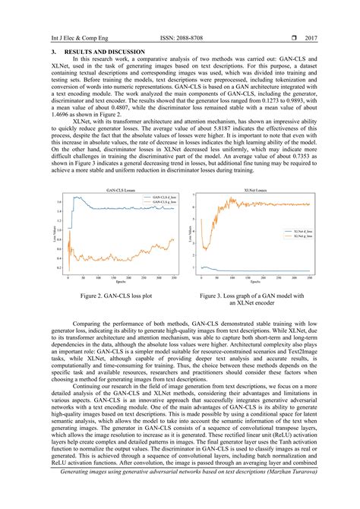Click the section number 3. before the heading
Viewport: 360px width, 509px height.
coord(43,51)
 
